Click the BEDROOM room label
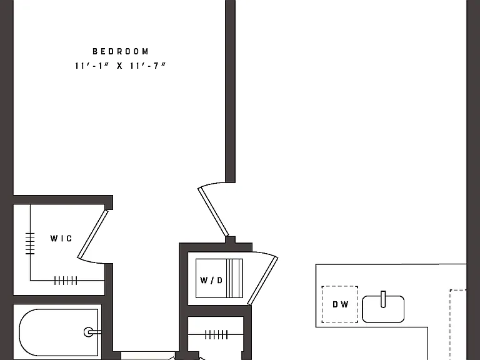(121, 51)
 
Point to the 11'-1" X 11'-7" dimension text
(120, 66)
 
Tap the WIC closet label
(61, 238)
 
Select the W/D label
(211, 280)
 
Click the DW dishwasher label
(341, 304)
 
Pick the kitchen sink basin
(383, 309)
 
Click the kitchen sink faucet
(383, 299)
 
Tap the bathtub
(59, 332)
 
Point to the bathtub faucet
(92, 332)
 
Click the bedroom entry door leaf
(213, 212)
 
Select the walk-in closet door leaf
(92, 234)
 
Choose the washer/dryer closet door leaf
(262, 281)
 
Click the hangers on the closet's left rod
(30, 243)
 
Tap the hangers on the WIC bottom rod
(66, 281)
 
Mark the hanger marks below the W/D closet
(216, 334)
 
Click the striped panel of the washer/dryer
(234, 278)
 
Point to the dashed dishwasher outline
(340, 304)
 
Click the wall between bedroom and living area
(230, 91)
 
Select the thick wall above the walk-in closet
(63, 200)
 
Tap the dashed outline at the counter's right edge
(458, 324)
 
